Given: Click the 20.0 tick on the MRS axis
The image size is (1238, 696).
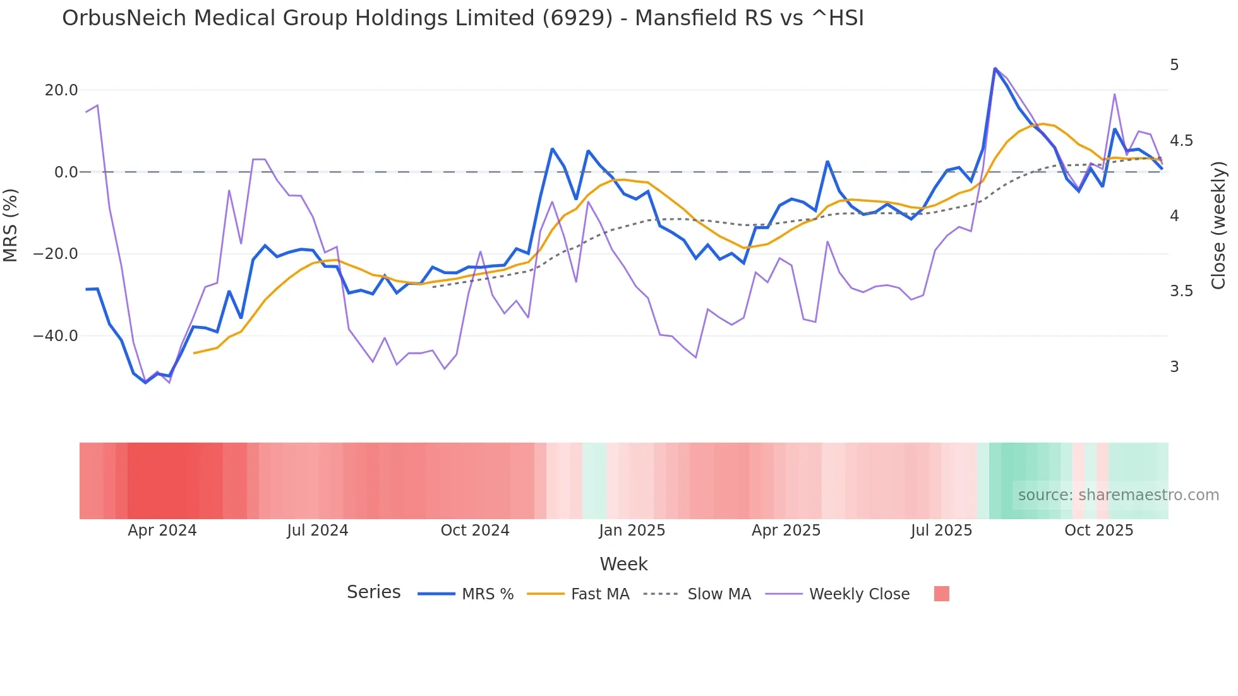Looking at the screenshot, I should (x=61, y=90).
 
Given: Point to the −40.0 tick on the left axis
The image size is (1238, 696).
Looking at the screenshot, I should (x=56, y=336).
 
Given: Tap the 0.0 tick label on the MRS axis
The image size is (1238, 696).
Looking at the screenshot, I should (x=66, y=172).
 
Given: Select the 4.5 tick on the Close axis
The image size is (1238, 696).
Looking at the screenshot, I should (x=1181, y=141).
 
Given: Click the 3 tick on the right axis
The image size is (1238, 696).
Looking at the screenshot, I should (x=1174, y=367).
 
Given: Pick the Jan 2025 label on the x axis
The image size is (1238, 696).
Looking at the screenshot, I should (x=632, y=531).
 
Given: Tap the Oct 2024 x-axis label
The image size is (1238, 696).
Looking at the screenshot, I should (x=475, y=531).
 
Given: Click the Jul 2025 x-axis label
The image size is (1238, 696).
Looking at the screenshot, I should (x=941, y=531).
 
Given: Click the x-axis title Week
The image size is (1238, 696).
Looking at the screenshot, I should (x=623, y=564).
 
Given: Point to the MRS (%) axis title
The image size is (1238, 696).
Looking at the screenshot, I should (x=11, y=225).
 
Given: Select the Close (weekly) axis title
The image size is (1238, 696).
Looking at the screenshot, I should (x=1218, y=225).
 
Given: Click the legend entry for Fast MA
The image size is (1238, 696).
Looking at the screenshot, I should (x=599, y=594).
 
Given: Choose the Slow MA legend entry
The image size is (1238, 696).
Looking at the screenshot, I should (x=719, y=594).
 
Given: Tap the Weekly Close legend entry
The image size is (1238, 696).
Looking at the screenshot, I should (x=859, y=594).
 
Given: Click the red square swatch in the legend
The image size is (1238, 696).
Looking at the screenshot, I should (x=941, y=594).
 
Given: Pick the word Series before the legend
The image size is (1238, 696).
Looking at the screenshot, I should (x=373, y=592).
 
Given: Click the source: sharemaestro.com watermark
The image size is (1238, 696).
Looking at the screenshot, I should (x=1118, y=495).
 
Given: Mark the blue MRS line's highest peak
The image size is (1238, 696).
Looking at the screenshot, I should (x=995, y=68).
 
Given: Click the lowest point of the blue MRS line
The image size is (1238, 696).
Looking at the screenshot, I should (x=145, y=383).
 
